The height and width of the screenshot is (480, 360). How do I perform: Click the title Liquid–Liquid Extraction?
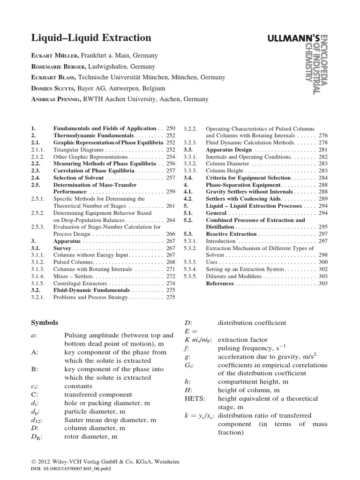(x=91, y=38)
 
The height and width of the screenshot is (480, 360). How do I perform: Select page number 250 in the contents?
(x=170, y=128)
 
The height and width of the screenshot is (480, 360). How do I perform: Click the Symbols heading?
(x=45, y=323)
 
